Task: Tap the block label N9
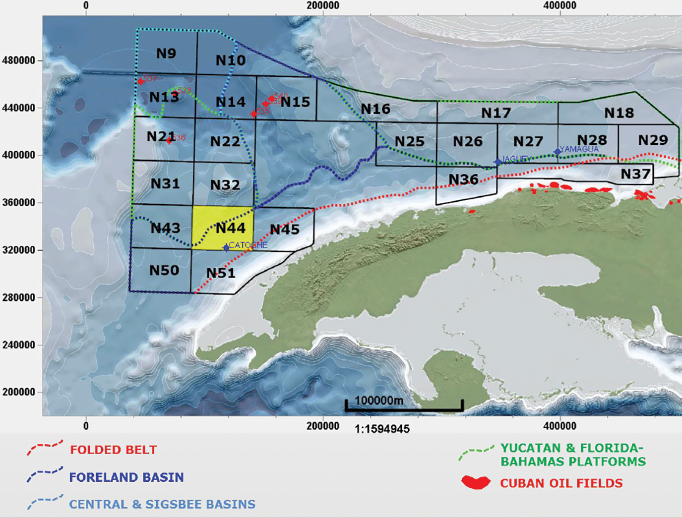(x=166, y=54)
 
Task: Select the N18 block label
(x=619, y=113)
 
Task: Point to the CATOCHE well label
(x=248, y=245)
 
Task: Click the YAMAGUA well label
(x=579, y=149)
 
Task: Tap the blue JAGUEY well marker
(x=498, y=162)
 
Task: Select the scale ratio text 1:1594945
(x=382, y=429)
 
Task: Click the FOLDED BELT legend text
(x=113, y=450)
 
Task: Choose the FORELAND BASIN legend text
(x=126, y=477)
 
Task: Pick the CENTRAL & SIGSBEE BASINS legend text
(x=162, y=505)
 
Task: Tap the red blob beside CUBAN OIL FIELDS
(x=476, y=482)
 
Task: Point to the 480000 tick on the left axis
(x=19, y=60)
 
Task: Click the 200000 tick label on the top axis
(x=323, y=5)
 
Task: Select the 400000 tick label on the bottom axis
(x=560, y=426)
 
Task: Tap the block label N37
(x=635, y=174)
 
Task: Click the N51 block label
(x=221, y=273)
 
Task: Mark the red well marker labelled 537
(x=140, y=81)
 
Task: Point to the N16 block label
(x=375, y=109)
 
